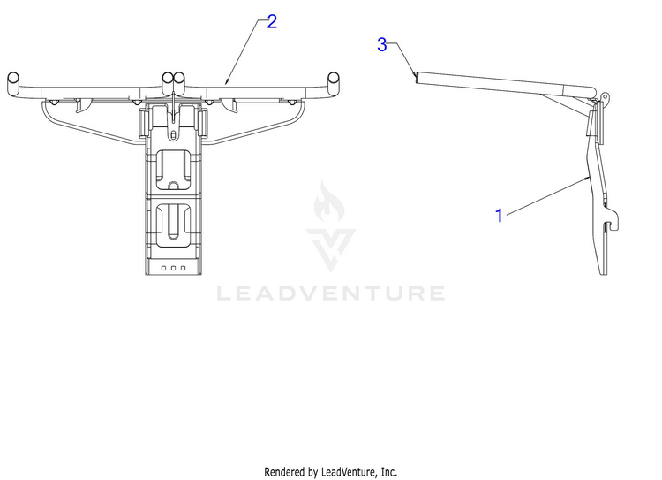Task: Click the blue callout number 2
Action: pyautogui.click(x=272, y=21)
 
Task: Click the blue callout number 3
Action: pyautogui.click(x=381, y=45)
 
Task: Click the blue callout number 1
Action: pyautogui.click(x=499, y=215)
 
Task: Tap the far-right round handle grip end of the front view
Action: pyautogui.click(x=335, y=79)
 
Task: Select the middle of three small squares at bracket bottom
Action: pyautogui.click(x=173, y=266)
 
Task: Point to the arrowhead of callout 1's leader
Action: pyautogui.click(x=589, y=177)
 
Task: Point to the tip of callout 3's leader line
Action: pyautogui.click(x=415, y=75)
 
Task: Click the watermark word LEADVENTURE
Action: pyautogui.click(x=331, y=293)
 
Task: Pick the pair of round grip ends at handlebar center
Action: pyautogui.click(x=174, y=79)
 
